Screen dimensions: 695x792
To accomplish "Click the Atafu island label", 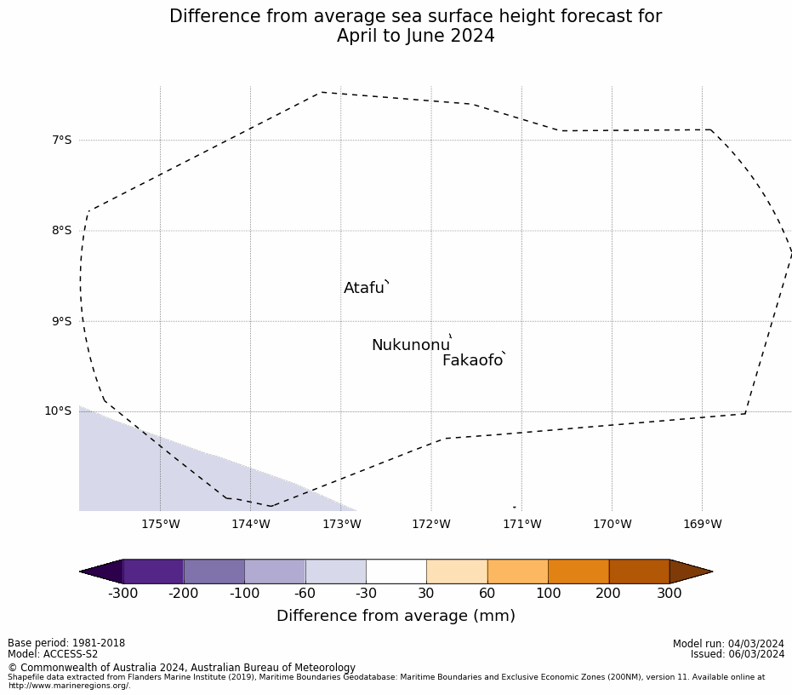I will click(364, 288).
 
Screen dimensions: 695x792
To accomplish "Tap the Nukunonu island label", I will click(410, 345).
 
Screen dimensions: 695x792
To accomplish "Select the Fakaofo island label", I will click(472, 360).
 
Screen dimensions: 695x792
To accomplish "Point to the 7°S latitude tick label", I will click(62, 140).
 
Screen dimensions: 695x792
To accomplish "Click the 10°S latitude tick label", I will click(59, 411).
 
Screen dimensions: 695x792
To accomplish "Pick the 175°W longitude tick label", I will click(161, 524).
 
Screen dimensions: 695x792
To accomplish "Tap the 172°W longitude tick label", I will click(431, 524).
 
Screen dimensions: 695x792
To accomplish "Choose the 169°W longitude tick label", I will click(702, 524).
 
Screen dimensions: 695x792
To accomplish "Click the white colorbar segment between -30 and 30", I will click(396, 572).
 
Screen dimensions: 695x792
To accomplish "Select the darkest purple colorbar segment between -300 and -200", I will click(153, 572).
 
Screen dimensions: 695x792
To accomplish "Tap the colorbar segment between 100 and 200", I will click(578, 572).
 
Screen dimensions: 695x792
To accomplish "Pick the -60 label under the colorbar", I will click(305, 594).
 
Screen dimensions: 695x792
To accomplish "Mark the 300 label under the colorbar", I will click(669, 594).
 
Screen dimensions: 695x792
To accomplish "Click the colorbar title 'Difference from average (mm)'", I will click(396, 616).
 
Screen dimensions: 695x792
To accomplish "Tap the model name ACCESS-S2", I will click(71, 654).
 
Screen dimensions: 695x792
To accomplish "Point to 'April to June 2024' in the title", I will click(415, 37).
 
